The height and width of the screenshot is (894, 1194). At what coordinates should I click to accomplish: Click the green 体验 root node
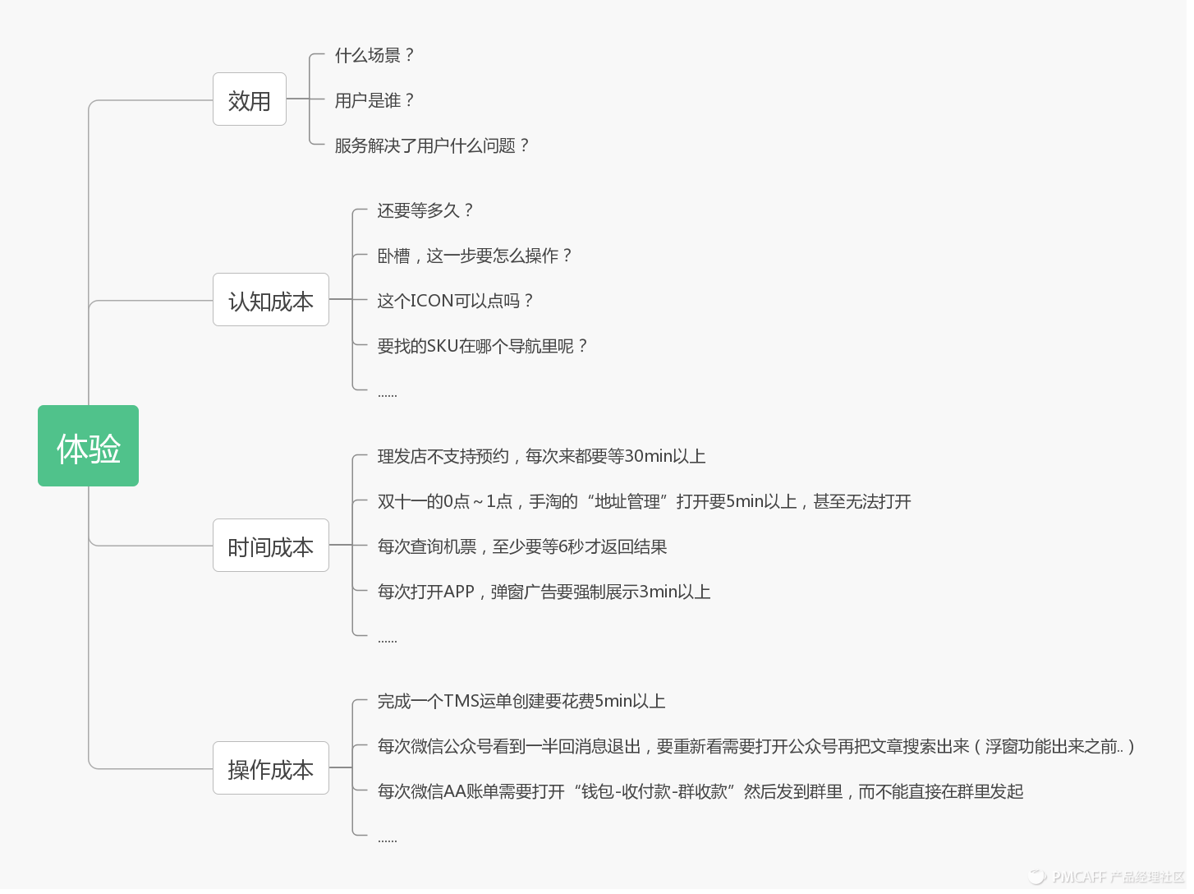[88, 446]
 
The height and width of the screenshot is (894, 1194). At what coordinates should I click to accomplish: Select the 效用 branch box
[249, 99]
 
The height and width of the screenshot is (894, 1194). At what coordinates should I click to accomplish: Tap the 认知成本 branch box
[270, 300]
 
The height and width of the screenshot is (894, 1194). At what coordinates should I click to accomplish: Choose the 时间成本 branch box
[270, 546]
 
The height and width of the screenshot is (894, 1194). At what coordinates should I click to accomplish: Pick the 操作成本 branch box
[270, 768]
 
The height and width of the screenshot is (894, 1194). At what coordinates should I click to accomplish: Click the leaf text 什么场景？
[374, 55]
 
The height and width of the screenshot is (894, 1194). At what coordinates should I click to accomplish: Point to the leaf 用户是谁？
[374, 100]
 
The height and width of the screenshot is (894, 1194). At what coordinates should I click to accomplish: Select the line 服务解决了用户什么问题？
[432, 145]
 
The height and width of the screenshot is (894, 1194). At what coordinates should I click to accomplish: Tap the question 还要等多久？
[425, 210]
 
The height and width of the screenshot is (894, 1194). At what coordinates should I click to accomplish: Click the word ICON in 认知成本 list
[432, 301]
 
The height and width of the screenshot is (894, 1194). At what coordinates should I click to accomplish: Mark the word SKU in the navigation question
[443, 346]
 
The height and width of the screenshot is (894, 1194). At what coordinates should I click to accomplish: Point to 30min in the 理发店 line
[648, 456]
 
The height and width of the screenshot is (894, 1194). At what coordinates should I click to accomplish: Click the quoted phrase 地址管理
[627, 501]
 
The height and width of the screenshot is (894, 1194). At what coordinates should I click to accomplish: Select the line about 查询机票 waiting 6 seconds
[521, 546]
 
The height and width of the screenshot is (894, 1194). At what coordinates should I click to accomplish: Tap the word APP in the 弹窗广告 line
[459, 592]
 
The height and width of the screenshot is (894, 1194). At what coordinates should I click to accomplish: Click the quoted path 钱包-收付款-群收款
[654, 791]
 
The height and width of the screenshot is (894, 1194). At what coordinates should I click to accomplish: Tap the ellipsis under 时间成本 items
[387, 639]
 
